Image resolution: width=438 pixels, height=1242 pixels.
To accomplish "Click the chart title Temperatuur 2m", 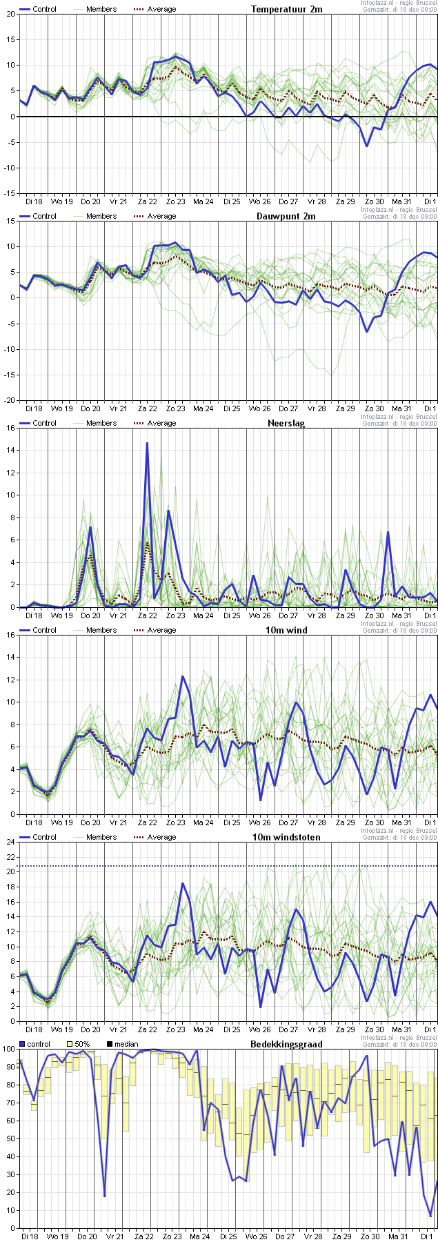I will [x=286, y=9].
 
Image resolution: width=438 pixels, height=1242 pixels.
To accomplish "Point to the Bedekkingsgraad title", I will [x=286, y=1044].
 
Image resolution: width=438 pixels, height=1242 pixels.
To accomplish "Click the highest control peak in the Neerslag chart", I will [x=147, y=443].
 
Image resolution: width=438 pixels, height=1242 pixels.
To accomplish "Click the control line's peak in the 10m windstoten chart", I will [x=183, y=883].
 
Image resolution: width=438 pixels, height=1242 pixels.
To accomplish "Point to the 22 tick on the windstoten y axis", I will [x=10, y=856].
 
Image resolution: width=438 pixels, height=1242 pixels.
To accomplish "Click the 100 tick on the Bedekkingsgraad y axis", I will [x=8, y=1049].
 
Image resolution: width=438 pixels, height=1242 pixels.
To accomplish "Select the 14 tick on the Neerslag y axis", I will [x=10, y=450].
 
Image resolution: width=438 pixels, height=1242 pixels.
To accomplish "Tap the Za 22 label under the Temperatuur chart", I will [x=147, y=201].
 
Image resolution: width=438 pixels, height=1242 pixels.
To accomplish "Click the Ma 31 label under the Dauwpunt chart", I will [x=401, y=408].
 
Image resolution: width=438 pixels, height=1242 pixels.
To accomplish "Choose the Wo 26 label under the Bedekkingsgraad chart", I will [x=256, y=1236].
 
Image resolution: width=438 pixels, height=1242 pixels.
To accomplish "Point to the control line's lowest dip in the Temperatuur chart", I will [x=367, y=146].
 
